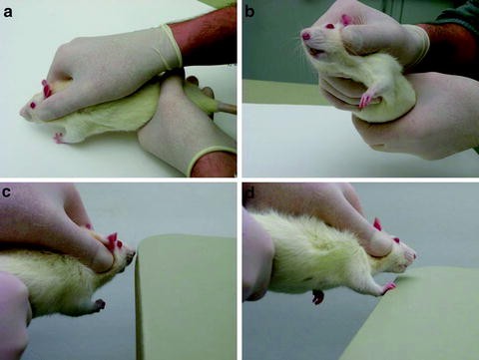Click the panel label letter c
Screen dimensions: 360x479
tap(9, 191)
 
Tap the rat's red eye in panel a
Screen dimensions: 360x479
tap(33, 105)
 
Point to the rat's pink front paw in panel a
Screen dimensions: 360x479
tap(59, 138)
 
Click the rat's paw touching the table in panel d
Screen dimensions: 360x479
tap(386, 289)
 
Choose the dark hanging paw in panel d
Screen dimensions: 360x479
tap(318, 296)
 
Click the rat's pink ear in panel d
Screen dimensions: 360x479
tap(378, 224)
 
